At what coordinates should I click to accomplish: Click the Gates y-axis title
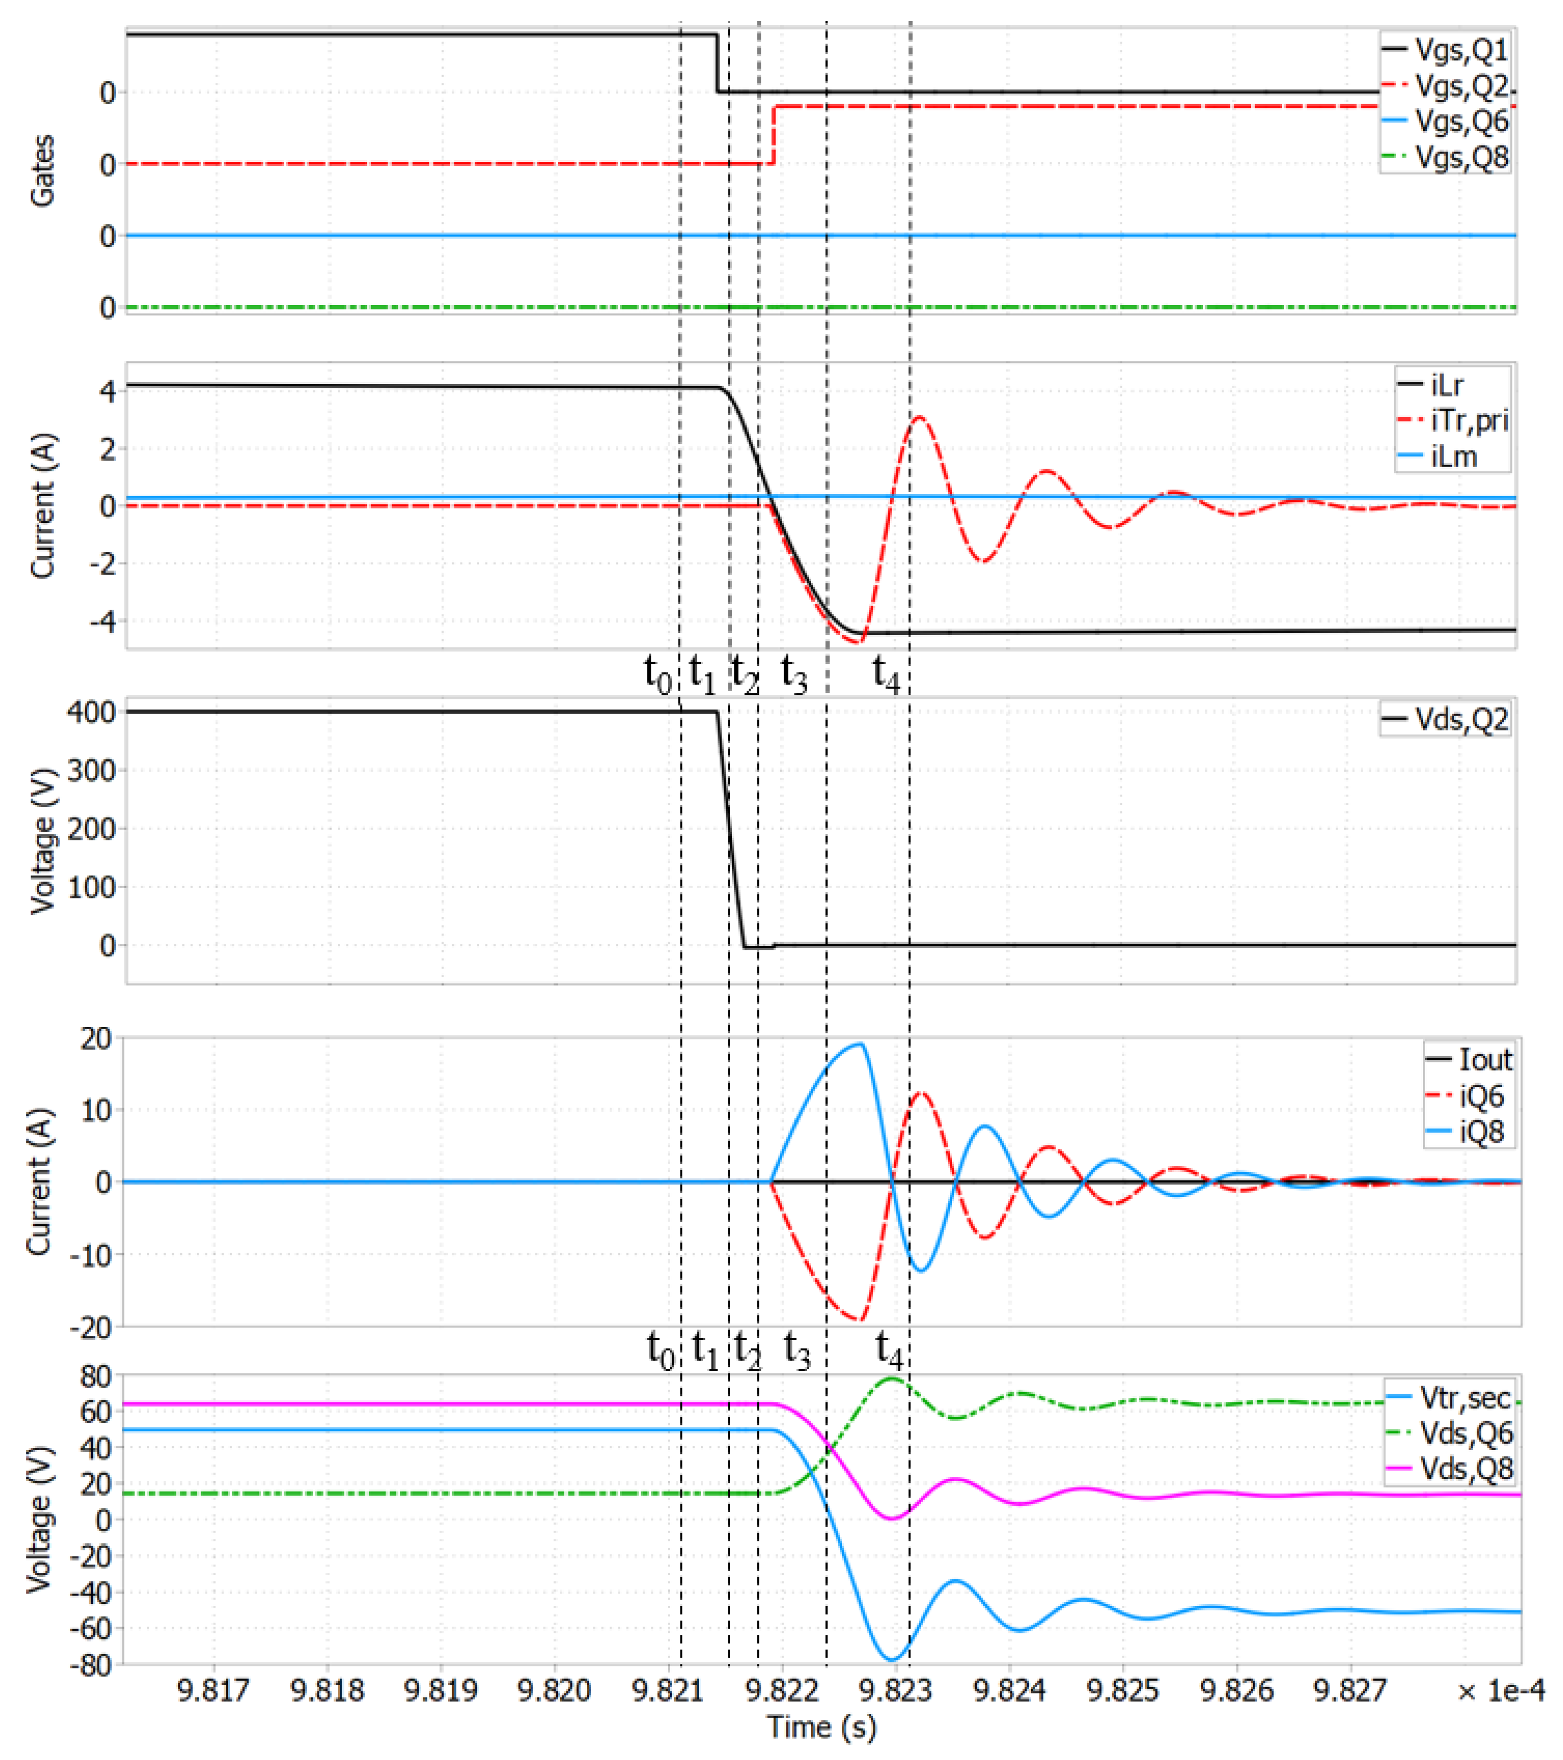point(43,171)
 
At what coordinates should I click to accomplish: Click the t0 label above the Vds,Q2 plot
point(658,672)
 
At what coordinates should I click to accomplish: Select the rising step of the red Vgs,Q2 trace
point(773,134)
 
